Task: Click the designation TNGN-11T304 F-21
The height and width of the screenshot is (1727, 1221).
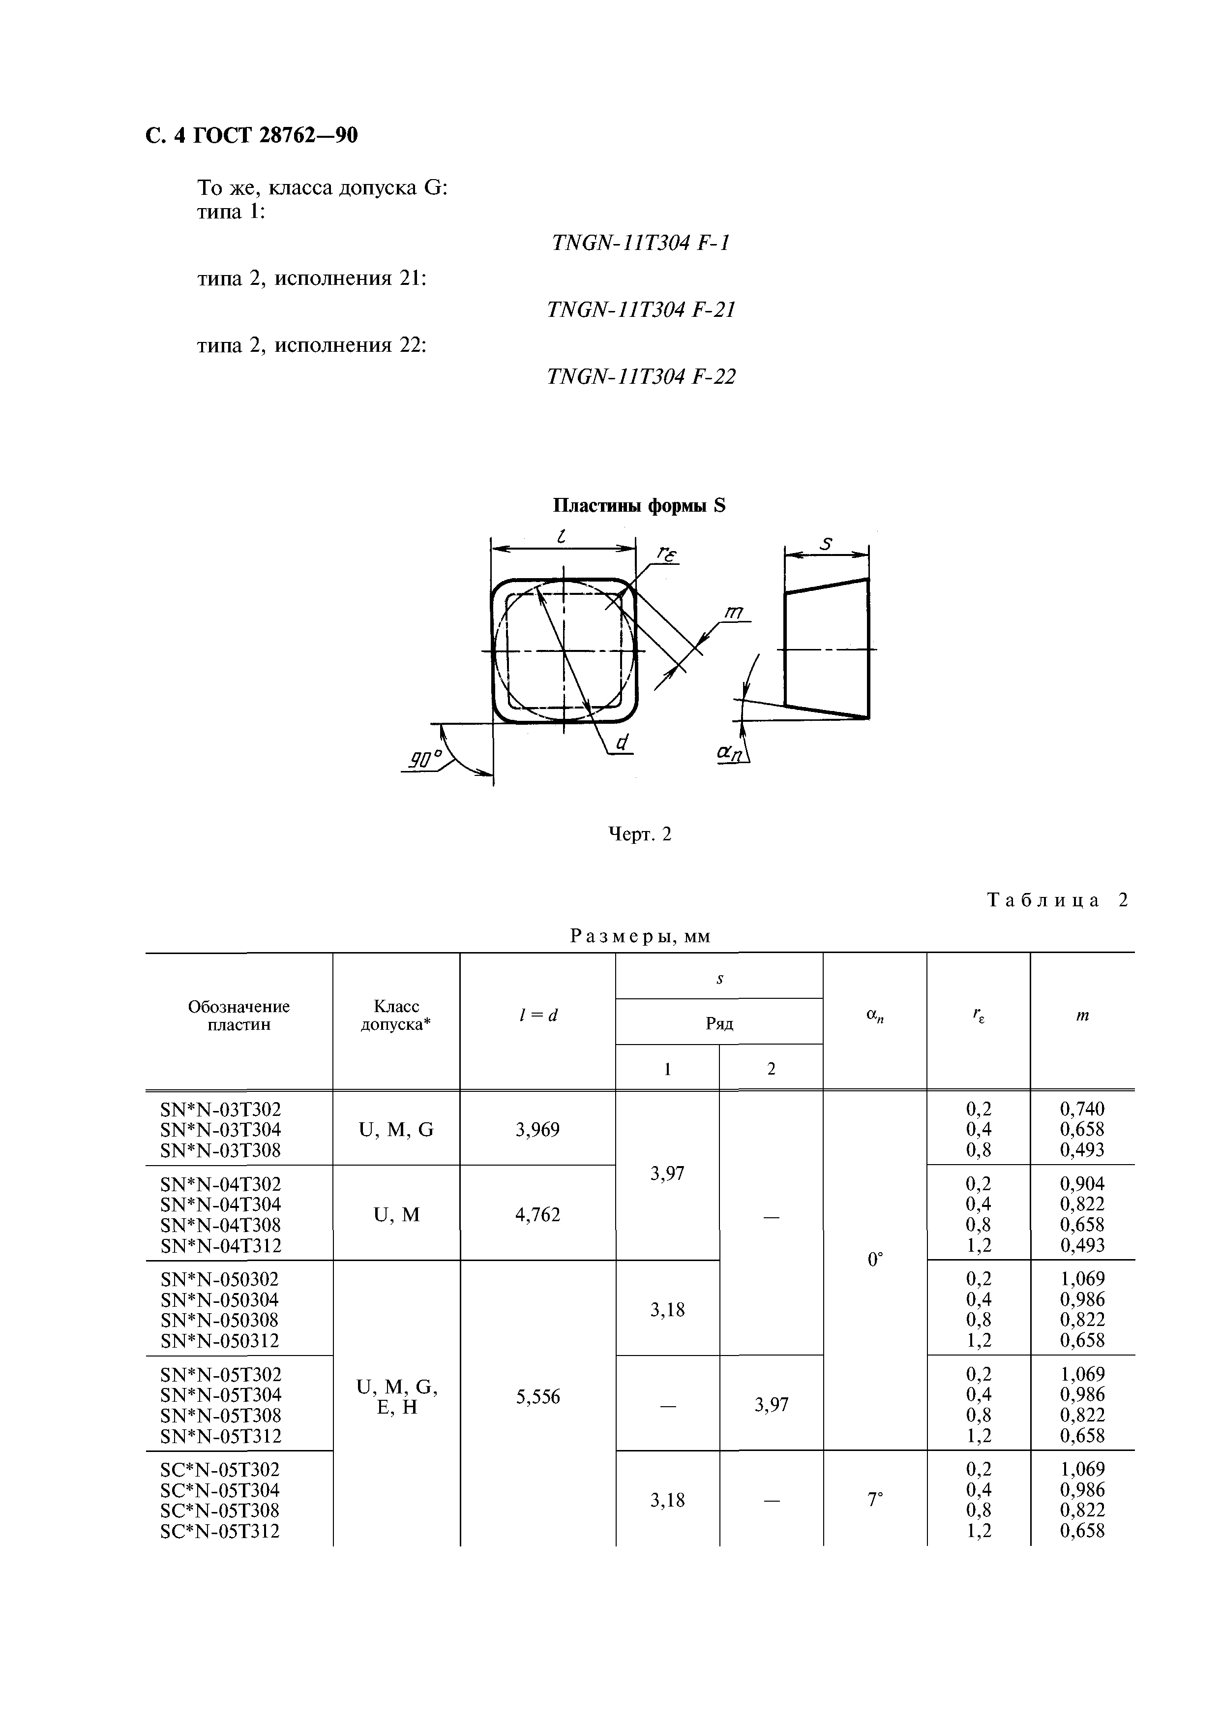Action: coord(641,310)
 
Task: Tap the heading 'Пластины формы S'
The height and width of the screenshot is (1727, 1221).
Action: coord(639,505)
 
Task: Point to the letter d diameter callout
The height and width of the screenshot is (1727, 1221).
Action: coord(622,742)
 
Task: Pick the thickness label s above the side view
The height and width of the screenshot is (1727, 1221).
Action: coord(826,543)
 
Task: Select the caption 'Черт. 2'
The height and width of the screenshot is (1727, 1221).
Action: coord(639,834)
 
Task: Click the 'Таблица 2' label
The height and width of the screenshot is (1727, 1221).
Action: coord(1057,900)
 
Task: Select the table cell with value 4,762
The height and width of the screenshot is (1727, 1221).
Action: coord(537,1215)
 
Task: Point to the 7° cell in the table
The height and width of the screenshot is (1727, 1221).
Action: coord(874,1499)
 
